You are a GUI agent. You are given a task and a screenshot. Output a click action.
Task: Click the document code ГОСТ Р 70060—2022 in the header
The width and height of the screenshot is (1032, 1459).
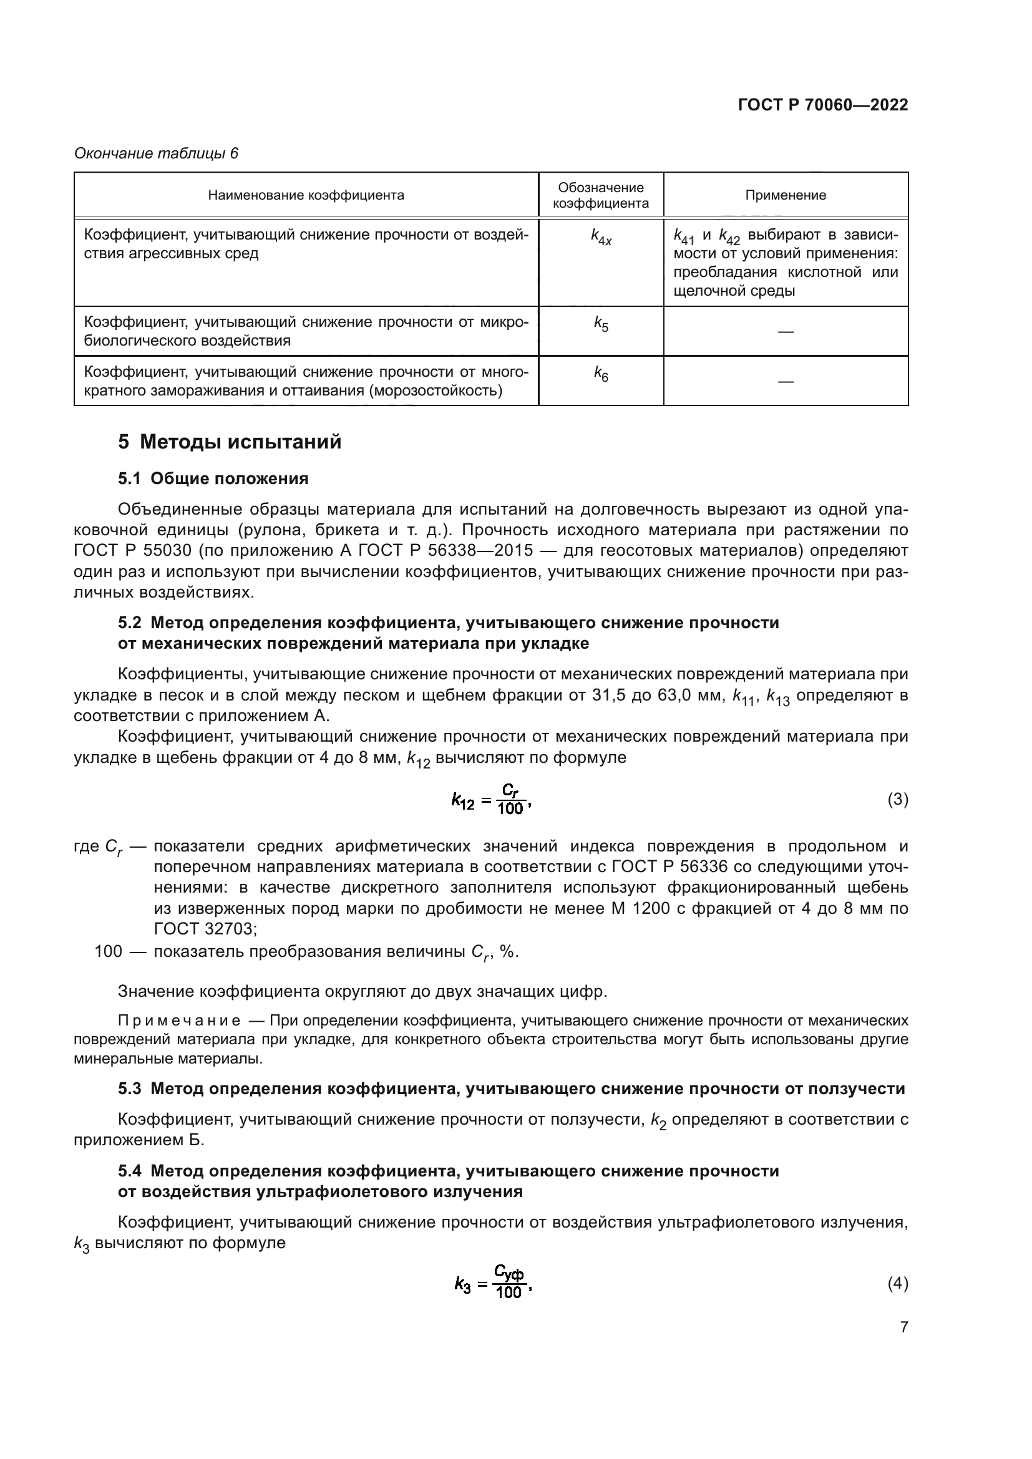coord(822,105)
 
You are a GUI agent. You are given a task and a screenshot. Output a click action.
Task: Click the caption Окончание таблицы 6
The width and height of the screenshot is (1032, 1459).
coord(156,153)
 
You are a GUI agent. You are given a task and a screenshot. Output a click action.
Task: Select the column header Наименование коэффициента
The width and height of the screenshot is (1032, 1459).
coord(306,195)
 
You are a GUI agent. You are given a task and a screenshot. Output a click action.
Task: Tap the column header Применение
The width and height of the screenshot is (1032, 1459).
coord(786,195)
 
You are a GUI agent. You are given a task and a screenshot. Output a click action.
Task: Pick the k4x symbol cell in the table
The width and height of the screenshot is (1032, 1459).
coord(600,238)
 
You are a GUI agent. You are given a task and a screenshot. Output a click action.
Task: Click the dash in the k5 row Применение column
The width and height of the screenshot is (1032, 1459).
coord(786,332)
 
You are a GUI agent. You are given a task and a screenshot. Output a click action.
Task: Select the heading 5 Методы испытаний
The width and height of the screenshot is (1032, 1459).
coord(230,442)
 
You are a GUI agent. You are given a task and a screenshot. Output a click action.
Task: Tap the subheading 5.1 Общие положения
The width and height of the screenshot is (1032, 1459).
coord(213,478)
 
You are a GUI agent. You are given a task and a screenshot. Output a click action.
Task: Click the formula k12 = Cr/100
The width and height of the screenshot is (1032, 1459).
coord(490,800)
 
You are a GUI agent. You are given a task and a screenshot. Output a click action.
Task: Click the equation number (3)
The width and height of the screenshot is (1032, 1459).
coord(897,800)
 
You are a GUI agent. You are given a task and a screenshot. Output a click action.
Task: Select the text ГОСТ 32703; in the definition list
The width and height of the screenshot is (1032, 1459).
coord(205,929)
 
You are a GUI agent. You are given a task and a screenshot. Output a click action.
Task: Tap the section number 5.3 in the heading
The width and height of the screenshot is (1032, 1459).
coord(129,1089)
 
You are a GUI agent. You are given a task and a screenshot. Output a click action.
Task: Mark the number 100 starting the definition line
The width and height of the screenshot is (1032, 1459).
coord(108,951)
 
